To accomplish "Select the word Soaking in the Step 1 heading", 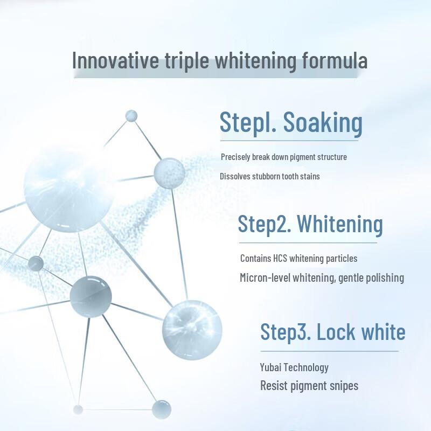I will [323, 123].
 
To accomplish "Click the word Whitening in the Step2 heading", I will [340, 224].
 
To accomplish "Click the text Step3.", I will [285, 331].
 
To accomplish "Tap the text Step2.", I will [265, 224].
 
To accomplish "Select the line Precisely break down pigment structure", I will [284, 157].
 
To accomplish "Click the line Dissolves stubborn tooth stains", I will [270, 176].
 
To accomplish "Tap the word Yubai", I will [270, 367].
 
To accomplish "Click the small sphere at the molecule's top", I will [131, 116].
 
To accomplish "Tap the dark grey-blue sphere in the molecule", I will [91, 296].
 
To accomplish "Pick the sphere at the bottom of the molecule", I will [161, 409].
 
